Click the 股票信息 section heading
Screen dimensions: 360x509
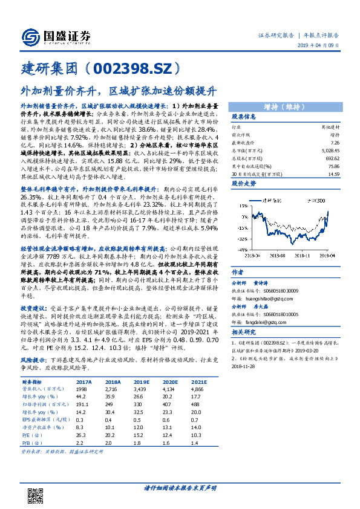pyautogui.click(x=244, y=117)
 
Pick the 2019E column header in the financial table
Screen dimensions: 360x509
pyautogui.click(x=143, y=381)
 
